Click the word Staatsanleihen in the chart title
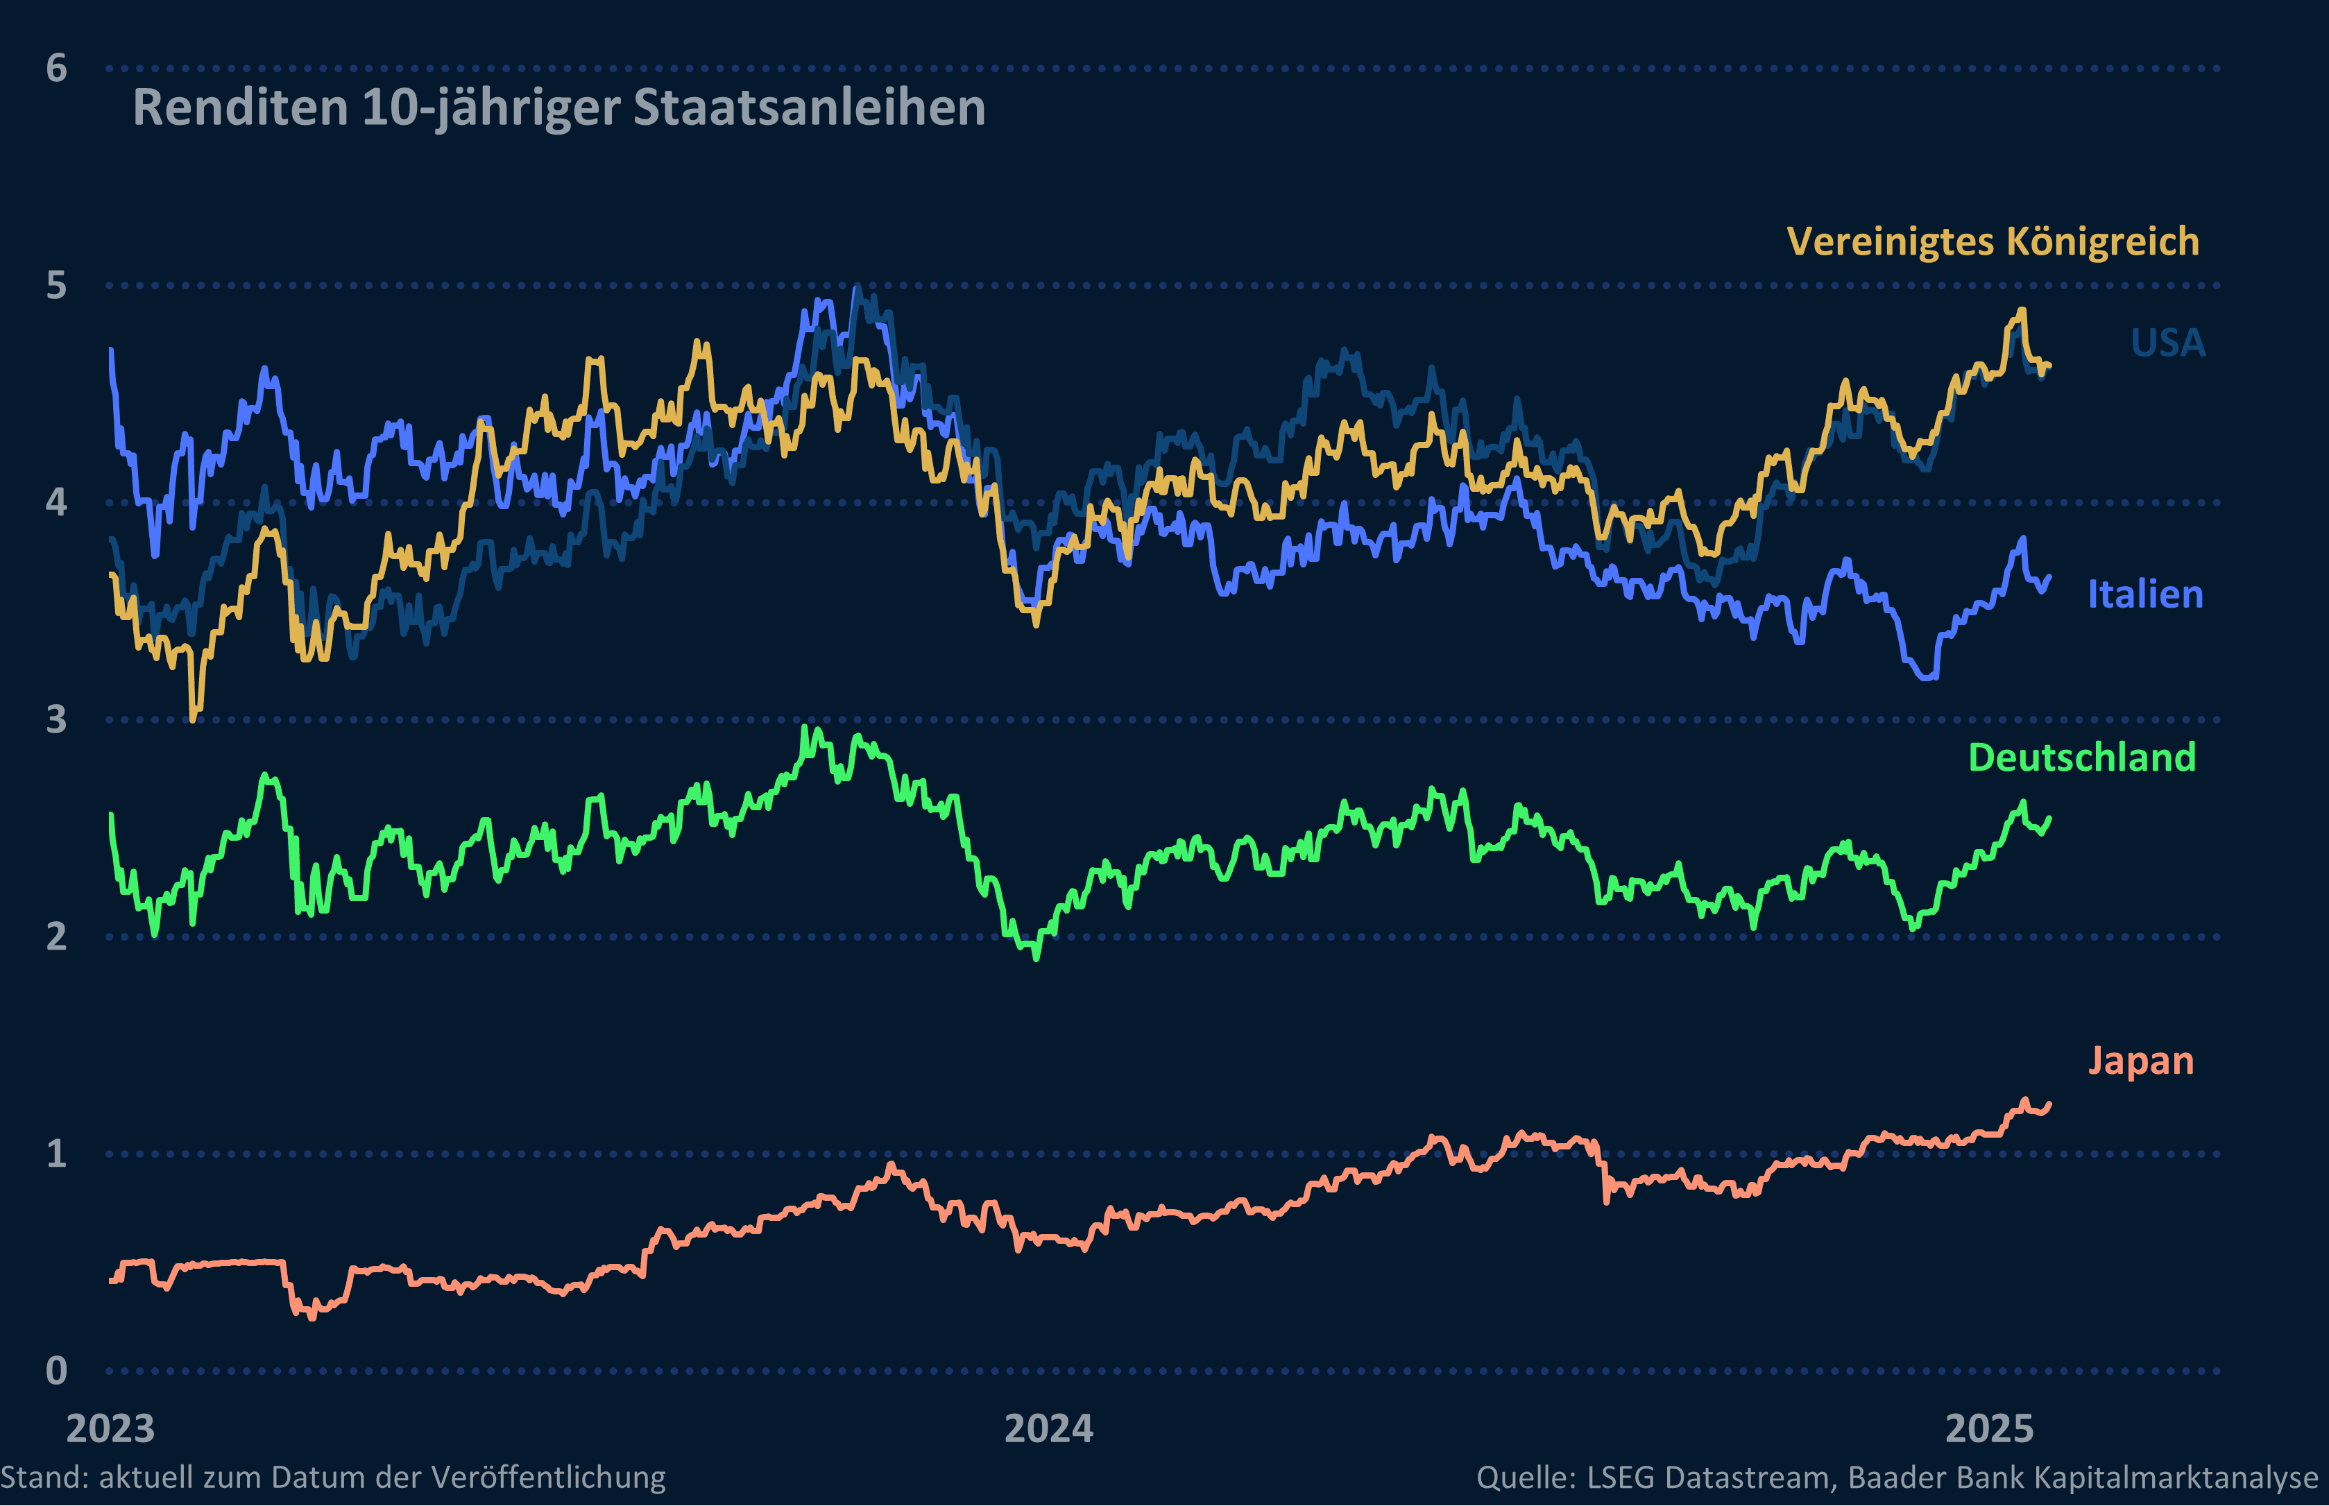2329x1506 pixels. (x=809, y=108)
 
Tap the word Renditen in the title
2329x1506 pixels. (x=241, y=108)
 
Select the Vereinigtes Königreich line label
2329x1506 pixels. (x=1993, y=241)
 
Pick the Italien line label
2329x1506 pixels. (x=2145, y=594)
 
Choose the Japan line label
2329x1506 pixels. (x=2140, y=1061)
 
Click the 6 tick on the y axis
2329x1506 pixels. (x=57, y=69)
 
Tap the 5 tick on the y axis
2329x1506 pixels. (x=57, y=286)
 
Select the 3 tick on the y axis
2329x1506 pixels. (x=57, y=720)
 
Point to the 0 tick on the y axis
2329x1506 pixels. (x=57, y=1371)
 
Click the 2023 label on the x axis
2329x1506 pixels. (x=110, y=1429)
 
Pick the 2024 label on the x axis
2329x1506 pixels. (x=1049, y=1429)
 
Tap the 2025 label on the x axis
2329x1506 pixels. (x=1990, y=1429)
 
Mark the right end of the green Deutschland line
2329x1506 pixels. (x=2049, y=819)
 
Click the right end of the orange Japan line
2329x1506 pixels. (x=2049, y=1104)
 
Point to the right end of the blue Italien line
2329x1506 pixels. (x=2049, y=578)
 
